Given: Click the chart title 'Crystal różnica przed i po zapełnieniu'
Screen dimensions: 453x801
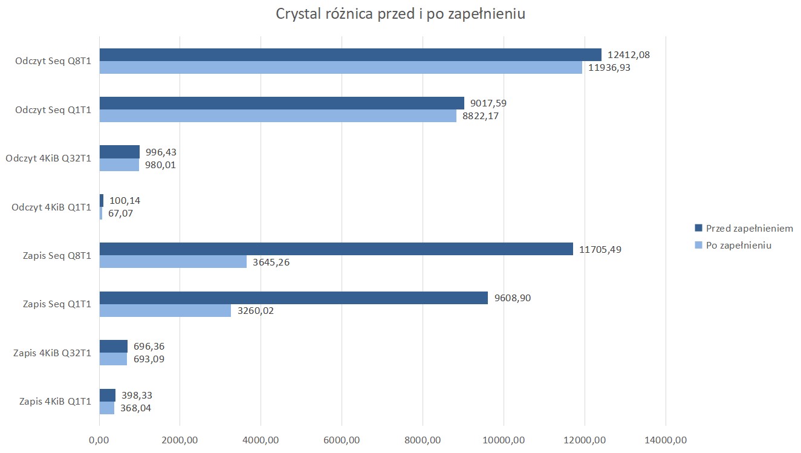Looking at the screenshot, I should click(x=400, y=15).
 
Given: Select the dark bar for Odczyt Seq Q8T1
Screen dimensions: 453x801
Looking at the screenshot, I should click(x=350, y=55).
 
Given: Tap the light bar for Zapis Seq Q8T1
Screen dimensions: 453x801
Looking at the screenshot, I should click(x=173, y=262).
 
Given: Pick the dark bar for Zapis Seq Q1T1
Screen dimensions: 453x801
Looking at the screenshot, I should click(x=293, y=298).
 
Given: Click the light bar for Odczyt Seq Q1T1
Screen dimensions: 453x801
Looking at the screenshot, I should click(x=277, y=116).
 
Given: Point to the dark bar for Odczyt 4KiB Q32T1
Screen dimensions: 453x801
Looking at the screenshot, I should click(x=119, y=152).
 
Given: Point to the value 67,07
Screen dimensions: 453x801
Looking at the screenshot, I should click(x=123, y=213).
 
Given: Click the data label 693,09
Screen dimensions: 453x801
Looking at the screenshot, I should click(x=149, y=359).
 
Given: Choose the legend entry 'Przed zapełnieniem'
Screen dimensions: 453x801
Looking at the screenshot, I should click(x=749, y=229).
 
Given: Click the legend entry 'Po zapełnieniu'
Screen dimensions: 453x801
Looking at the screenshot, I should click(x=738, y=246).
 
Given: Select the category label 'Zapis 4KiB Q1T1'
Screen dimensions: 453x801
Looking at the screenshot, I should click(x=55, y=401).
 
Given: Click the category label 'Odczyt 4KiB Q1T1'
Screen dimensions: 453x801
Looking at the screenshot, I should click(x=51, y=207).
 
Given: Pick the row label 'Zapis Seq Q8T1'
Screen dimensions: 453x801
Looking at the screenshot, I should click(x=59, y=256).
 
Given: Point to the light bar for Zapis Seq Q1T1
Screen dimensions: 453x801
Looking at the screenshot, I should click(x=165, y=310).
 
